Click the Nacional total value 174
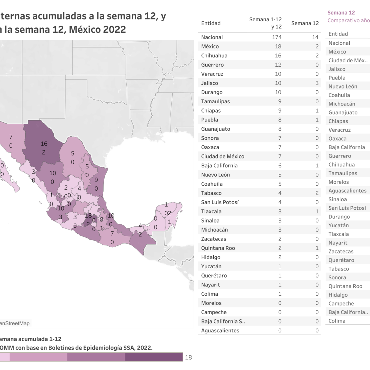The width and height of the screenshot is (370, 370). (277, 37)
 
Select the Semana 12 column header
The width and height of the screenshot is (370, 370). (305, 23)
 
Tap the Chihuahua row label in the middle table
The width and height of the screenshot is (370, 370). (214, 56)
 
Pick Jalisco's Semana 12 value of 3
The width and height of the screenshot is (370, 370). (317, 83)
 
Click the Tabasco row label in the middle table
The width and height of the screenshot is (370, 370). (211, 193)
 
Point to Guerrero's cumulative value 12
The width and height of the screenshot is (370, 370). (278, 65)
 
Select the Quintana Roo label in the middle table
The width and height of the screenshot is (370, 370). (218, 248)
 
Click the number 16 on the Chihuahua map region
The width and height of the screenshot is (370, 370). (44, 144)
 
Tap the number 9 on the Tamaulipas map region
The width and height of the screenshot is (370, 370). (96, 180)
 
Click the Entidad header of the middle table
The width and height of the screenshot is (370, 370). (211, 23)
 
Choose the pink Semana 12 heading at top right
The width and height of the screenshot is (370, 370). (341, 13)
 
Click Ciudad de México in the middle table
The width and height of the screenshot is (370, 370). (223, 157)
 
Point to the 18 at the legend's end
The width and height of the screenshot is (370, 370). (188, 357)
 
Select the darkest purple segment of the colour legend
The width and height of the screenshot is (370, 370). (154, 357)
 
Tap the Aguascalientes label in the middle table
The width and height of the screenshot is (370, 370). (220, 331)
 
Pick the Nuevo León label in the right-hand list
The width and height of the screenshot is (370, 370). (343, 87)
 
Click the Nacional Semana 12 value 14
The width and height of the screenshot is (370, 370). (315, 37)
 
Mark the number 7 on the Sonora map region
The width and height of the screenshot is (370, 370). (11, 137)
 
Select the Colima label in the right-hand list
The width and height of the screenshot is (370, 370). (337, 321)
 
